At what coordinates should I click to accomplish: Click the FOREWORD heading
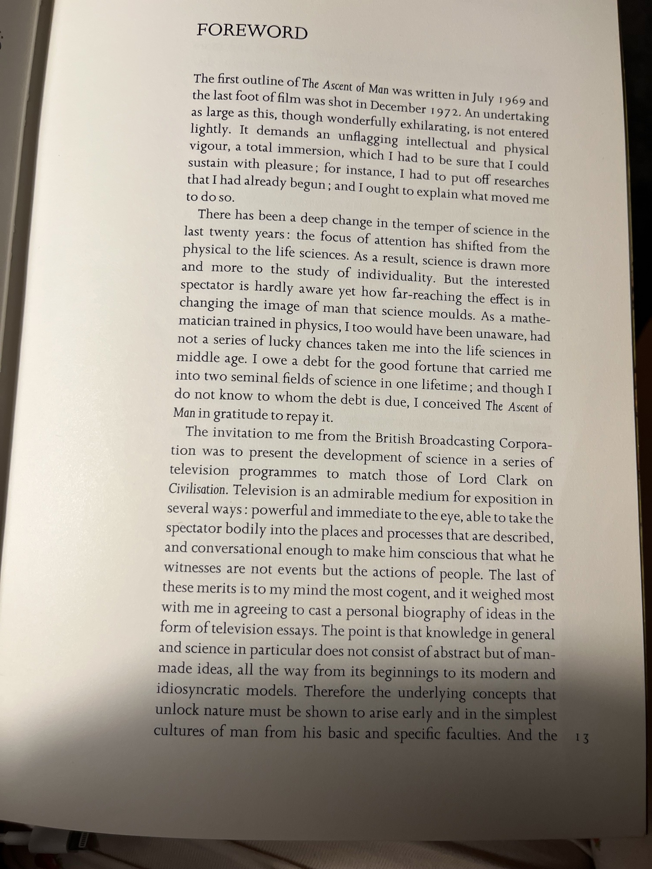[252, 32]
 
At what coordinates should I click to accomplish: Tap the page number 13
[582, 738]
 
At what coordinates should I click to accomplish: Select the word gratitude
[240, 415]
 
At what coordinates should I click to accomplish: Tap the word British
[395, 438]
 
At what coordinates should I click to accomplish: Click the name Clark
[512, 480]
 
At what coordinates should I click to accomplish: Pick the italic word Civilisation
[197, 489]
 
